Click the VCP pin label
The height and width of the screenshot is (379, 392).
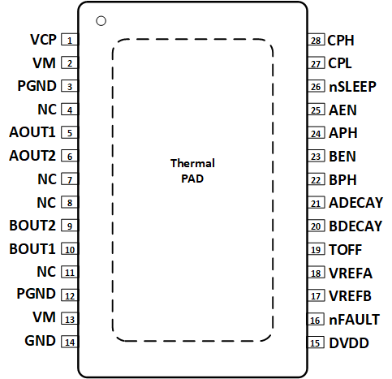pos(42,39)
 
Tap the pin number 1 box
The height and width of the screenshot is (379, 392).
pos(71,40)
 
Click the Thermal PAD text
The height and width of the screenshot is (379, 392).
pos(192,170)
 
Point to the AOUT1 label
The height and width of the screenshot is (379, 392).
pos(32,132)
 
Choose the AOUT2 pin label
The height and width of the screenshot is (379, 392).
pos(32,155)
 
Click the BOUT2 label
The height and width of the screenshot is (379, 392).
pos(32,226)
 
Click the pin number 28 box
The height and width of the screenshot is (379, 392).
pos(317,40)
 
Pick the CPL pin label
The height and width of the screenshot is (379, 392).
pos(341,62)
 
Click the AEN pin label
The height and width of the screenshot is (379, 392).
pos(342,110)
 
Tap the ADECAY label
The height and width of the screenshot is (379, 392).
pos(355,203)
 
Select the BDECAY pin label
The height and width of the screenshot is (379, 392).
pos(355,226)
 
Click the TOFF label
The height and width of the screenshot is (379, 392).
pos(345,249)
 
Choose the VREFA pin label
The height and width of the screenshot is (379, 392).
pos(351,273)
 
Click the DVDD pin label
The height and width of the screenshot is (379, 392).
pos(348,343)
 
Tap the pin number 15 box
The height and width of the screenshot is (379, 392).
pos(317,342)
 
